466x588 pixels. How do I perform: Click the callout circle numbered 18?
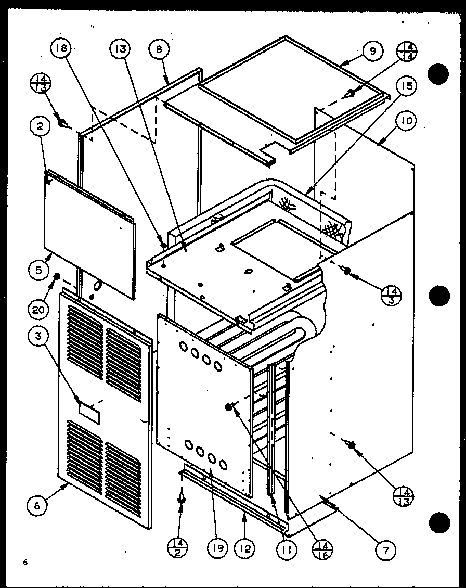coord(60,50)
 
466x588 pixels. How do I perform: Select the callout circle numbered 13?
coord(119,50)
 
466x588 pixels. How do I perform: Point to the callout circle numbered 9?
coord(373,51)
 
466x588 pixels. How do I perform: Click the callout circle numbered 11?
coord(287,549)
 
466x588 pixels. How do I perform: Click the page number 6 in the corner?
coord(24,562)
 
